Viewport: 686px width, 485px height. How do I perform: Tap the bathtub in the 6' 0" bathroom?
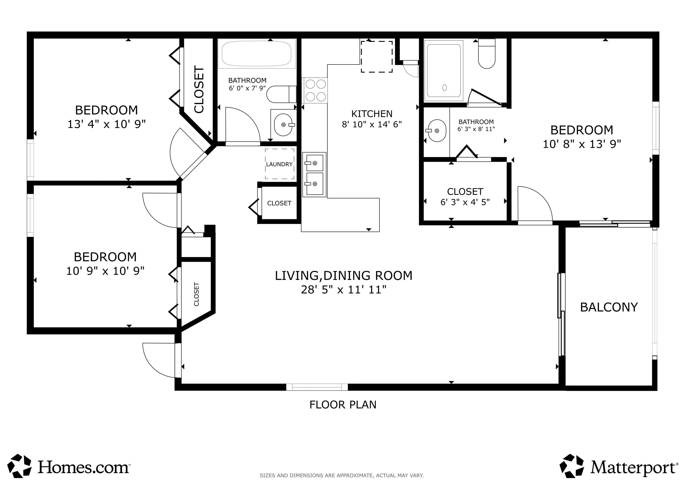[257, 54]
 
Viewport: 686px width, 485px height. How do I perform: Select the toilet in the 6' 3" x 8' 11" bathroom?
[487, 54]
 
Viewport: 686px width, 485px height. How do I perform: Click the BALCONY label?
[609, 307]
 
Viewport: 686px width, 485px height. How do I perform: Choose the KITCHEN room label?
[372, 114]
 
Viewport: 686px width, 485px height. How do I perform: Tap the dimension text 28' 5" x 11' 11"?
[344, 289]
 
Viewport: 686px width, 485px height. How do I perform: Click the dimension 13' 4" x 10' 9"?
[106, 124]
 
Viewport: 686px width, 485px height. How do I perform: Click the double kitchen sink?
[314, 174]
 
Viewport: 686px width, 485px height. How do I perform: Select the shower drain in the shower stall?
[444, 88]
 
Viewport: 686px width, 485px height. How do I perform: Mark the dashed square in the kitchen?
[376, 57]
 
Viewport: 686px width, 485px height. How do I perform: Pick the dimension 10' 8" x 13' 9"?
[582, 144]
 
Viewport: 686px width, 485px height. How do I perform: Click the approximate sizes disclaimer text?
[341, 475]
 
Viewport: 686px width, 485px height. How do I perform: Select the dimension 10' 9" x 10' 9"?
[105, 271]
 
